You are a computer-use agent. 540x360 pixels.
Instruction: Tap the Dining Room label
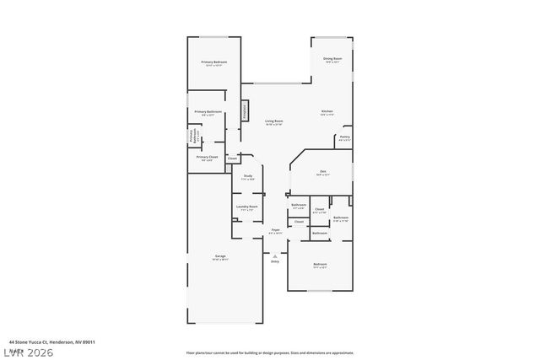pos(332,59)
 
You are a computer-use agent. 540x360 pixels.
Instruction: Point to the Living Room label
pos(273,121)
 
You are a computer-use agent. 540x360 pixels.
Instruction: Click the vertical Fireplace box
pos(246,110)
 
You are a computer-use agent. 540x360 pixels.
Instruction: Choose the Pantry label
pos(344,137)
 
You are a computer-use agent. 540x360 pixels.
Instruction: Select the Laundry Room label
pos(247,207)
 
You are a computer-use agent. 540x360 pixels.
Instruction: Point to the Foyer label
pos(275,230)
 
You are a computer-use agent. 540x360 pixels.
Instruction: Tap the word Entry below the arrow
pos(275,261)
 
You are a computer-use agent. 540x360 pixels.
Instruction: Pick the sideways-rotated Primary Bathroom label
pos(192,135)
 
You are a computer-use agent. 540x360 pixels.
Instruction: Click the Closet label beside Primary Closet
pos(232,159)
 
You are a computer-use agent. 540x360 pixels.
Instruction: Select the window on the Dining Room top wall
pos(331,37)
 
